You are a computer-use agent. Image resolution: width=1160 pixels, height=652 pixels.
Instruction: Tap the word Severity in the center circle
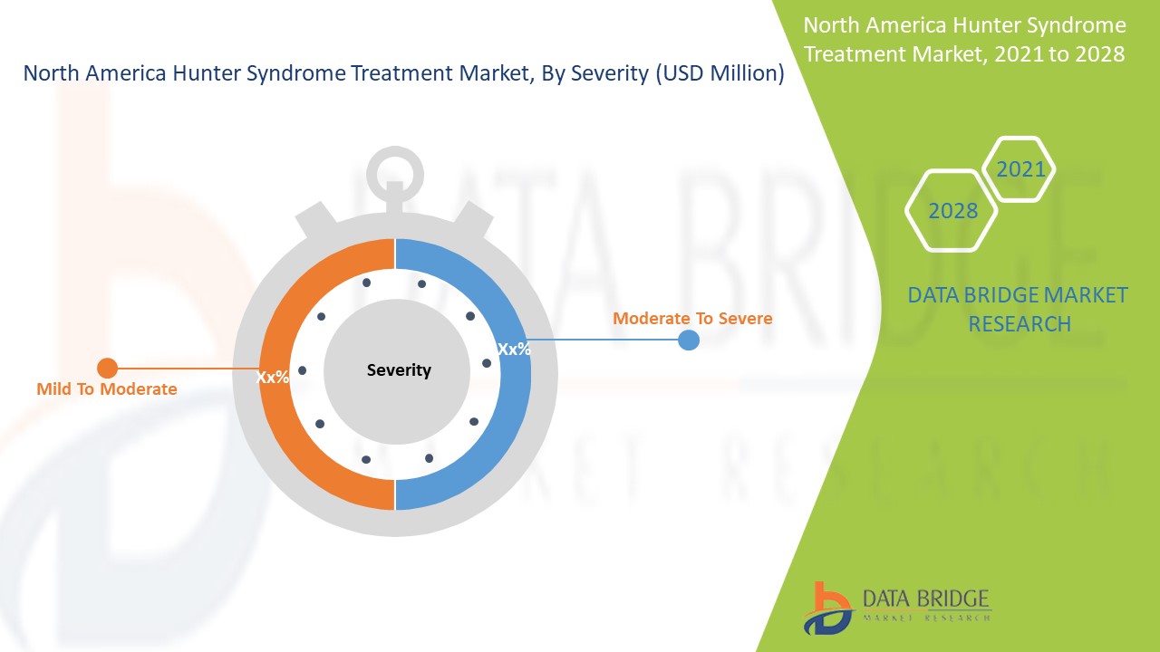click(399, 370)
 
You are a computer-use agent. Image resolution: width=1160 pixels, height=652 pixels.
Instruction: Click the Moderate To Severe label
click(692, 318)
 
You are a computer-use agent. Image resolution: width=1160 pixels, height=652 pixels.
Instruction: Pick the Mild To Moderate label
click(107, 388)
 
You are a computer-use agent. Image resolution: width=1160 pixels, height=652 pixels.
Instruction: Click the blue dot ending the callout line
click(689, 340)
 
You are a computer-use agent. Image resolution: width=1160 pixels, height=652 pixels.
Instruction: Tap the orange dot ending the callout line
click(107, 369)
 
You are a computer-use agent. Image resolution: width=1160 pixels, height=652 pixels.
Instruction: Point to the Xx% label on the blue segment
click(514, 350)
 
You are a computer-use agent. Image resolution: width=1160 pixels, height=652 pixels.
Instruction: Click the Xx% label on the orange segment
click(273, 377)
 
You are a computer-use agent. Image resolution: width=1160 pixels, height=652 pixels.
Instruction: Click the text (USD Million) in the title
click(720, 73)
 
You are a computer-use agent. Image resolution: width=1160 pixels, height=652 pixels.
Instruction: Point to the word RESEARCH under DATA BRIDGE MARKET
click(1020, 324)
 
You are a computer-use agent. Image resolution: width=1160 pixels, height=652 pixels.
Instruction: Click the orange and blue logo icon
click(827, 609)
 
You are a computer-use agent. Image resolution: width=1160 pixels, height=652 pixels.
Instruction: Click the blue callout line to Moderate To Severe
click(604, 340)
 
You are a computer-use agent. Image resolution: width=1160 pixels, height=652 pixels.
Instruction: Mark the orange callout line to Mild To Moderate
click(188, 369)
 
